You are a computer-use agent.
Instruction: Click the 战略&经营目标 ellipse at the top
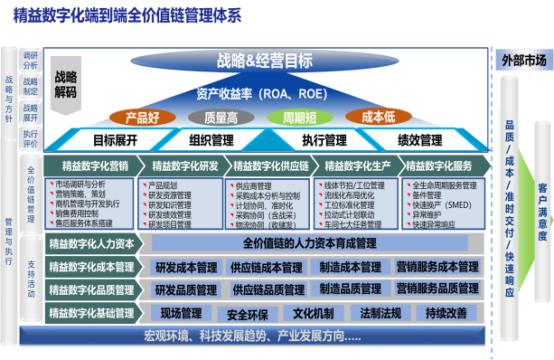click(265, 62)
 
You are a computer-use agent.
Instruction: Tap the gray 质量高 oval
click(221, 117)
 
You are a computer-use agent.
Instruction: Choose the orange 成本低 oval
click(379, 117)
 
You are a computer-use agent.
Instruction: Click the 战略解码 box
click(65, 84)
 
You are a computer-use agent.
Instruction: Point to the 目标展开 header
click(115, 140)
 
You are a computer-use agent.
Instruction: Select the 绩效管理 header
click(419, 140)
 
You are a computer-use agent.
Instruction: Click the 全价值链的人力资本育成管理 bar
click(310, 243)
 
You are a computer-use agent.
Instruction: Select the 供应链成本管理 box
click(267, 267)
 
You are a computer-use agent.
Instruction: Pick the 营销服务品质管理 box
click(437, 289)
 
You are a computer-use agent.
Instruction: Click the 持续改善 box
click(446, 313)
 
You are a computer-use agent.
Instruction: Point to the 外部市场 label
click(524, 61)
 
